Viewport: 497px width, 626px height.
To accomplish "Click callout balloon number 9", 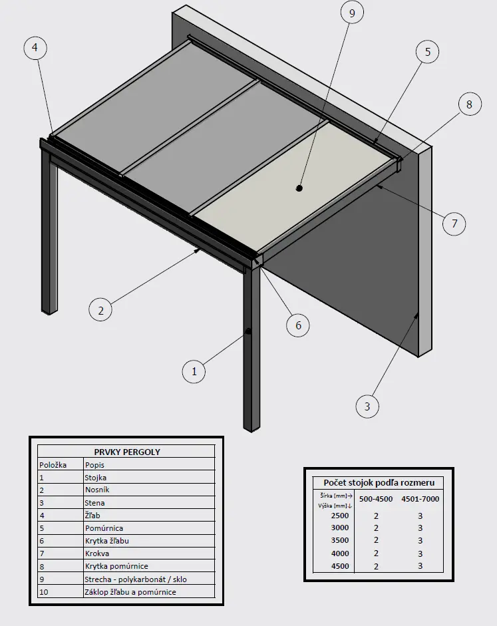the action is [352, 13].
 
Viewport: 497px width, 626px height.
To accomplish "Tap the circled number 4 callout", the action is [35, 48].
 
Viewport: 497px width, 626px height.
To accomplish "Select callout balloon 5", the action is [428, 52].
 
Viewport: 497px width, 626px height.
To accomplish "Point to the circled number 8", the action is [469, 104].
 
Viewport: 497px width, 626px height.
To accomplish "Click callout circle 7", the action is [454, 224].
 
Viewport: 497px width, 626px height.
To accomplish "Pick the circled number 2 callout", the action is [100, 310].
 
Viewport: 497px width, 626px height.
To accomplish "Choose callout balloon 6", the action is [298, 325].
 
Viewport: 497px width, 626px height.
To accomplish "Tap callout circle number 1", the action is [194, 372].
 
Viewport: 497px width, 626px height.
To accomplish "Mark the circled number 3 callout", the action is [367, 406].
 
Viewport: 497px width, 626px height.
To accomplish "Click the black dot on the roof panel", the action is [299, 188].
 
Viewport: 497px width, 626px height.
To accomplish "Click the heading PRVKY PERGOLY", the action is [127, 452].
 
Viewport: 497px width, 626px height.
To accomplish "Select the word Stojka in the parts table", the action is [95, 478].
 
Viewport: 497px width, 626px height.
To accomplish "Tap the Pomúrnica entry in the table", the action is [104, 528].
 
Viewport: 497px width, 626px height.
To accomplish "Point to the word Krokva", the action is [97, 553].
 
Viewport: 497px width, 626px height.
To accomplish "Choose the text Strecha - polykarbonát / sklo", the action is [136, 579].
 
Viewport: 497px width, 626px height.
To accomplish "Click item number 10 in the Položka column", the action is [44, 592].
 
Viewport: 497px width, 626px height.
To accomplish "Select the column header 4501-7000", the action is [420, 499].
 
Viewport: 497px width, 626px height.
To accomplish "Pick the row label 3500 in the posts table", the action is [340, 540].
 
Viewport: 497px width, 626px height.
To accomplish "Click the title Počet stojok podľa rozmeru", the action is [379, 483].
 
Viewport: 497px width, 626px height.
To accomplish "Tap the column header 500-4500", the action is [376, 499].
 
